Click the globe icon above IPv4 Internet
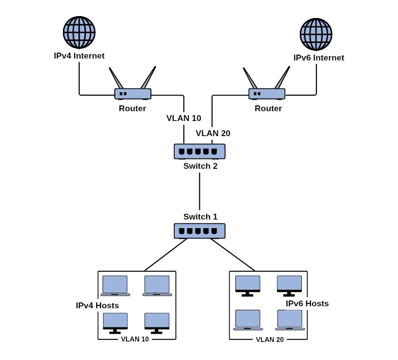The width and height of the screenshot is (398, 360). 79,32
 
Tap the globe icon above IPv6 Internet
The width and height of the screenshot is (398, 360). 316,34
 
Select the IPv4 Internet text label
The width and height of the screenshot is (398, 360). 79,56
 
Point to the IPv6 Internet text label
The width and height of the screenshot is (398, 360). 319,58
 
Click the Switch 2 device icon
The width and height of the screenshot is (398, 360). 200,151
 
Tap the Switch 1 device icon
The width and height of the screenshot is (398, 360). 200,231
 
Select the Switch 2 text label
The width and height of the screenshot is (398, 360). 201,166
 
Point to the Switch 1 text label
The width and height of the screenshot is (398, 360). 201,217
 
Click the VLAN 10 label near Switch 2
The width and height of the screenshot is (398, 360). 184,118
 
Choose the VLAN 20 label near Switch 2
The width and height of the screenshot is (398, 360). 213,133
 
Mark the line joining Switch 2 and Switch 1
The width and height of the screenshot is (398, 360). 200,191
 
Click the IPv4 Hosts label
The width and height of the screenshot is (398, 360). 97,305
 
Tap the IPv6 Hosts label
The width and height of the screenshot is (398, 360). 307,303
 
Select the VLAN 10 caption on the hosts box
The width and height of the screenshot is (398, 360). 135,339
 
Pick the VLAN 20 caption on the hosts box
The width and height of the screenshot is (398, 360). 270,340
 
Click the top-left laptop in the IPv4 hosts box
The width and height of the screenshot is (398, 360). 115,286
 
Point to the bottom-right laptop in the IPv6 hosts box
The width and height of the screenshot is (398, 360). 290,320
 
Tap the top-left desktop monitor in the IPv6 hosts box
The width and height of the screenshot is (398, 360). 248,286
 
